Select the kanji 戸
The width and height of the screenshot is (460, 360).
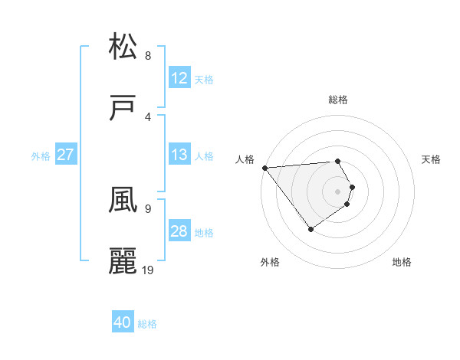tap(123, 110)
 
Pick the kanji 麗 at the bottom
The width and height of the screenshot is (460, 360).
tap(123, 260)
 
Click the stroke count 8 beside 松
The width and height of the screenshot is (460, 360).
tap(148, 55)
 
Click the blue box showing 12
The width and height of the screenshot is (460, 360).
tap(179, 78)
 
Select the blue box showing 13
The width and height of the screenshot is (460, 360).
tap(179, 155)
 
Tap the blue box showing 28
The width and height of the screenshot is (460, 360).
tap(179, 231)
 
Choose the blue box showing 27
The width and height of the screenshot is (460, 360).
tap(65, 155)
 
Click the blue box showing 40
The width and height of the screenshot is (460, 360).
tap(123, 323)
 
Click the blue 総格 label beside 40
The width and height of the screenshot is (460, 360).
tap(147, 324)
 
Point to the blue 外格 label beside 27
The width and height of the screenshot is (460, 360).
tap(41, 155)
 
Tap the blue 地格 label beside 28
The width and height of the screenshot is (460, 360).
tap(204, 232)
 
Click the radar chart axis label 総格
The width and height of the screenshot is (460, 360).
tap(338, 100)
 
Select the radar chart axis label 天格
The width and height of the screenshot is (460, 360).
tap(431, 159)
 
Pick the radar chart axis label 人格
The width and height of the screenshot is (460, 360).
tap(244, 159)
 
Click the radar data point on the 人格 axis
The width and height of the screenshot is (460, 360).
tap(264, 167)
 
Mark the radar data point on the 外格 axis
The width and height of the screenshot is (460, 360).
tap(310, 229)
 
